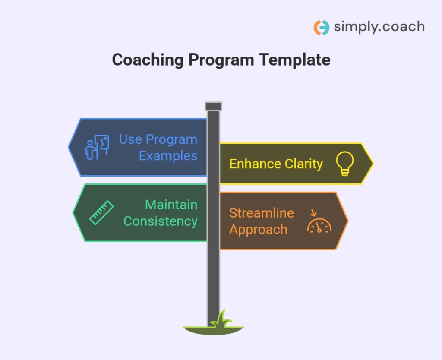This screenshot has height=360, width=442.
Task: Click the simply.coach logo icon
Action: pos(321,27)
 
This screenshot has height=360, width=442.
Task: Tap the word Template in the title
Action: pos(294,60)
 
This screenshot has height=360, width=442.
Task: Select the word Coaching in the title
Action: pos(148,60)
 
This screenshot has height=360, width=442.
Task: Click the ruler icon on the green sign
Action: pos(101,212)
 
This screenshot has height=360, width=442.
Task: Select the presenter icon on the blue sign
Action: pos(97,147)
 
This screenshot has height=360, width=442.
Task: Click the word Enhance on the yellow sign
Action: pos(255,164)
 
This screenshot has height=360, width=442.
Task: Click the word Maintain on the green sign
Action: pos(171,205)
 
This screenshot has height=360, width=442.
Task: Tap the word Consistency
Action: pos(161,221)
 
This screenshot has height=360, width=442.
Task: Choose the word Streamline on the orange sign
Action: pos(262,213)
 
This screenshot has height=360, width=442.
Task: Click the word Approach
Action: pos(258,230)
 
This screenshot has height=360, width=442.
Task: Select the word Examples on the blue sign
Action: pos(168,156)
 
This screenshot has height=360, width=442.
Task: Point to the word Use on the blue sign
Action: pos(130,139)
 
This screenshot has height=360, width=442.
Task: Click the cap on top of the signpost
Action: pos(213,106)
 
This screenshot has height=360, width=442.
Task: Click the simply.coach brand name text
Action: pos(379,27)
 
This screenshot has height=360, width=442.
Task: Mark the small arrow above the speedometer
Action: pos(313,212)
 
